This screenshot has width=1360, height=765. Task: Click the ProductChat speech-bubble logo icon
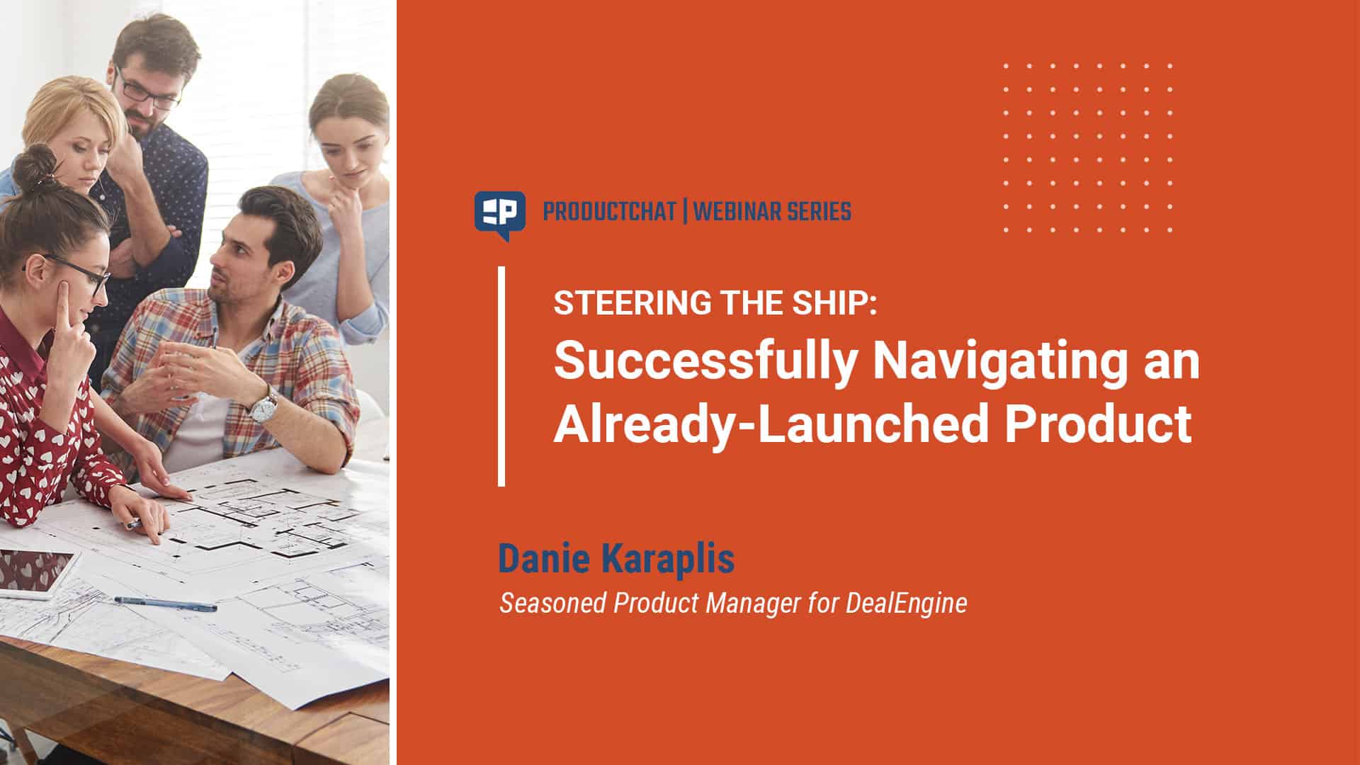pos(499,215)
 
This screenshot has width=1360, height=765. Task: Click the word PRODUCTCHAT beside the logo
pos(609,212)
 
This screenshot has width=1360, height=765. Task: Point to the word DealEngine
pos(906,603)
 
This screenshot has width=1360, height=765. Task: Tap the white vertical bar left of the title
pos(501,376)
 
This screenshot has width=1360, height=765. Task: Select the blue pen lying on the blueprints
pos(165,603)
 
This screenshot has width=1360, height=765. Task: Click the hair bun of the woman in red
pos(35,169)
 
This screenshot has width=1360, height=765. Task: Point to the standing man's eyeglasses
pos(147,89)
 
